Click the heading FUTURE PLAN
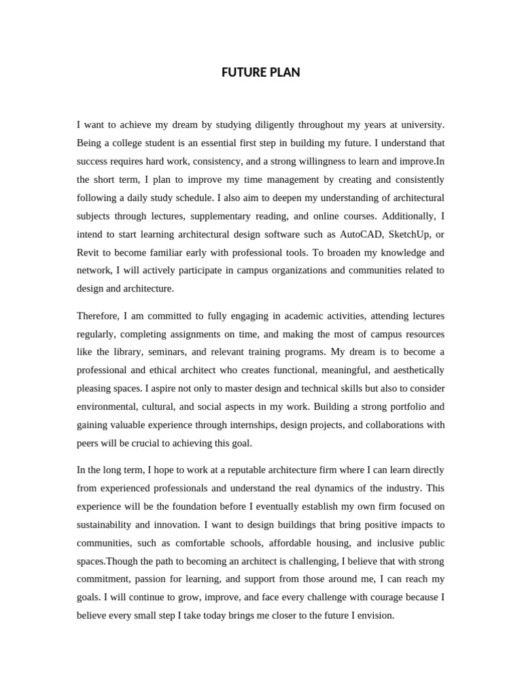[260, 73]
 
